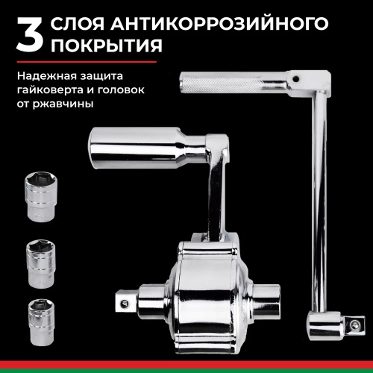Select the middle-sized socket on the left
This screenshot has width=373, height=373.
coord(44,261)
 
